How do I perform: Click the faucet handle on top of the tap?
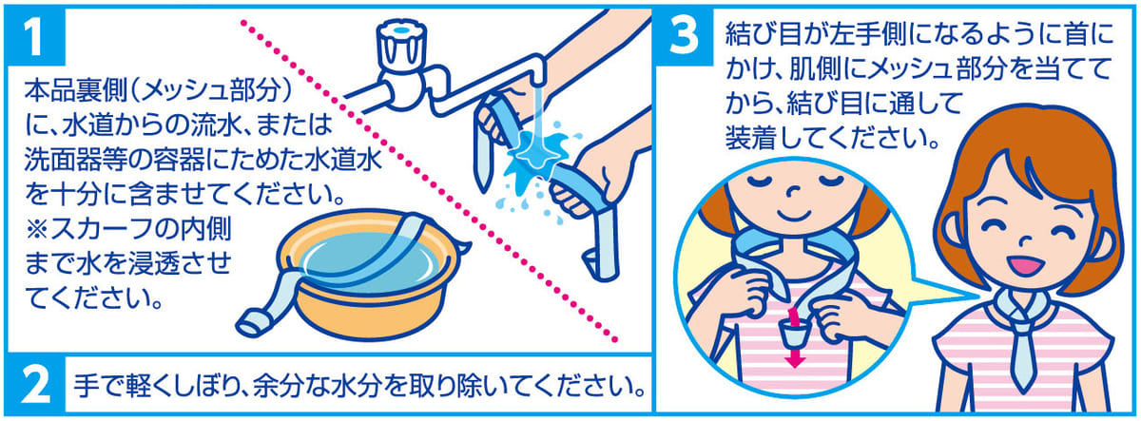(x=401, y=45)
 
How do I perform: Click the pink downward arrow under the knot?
(x=794, y=337)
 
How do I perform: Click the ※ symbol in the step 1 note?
(x=37, y=229)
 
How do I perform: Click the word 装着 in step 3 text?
(x=750, y=138)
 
